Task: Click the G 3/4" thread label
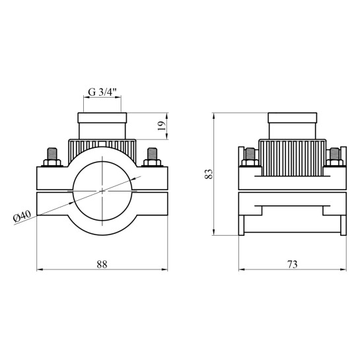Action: pyautogui.click(x=102, y=92)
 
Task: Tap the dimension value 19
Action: pyautogui.click(x=162, y=126)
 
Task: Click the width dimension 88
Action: pyautogui.click(x=102, y=264)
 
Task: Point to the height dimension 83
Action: pyautogui.click(x=209, y=174)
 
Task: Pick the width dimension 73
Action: pyautogui.click(x=292, y=264)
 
